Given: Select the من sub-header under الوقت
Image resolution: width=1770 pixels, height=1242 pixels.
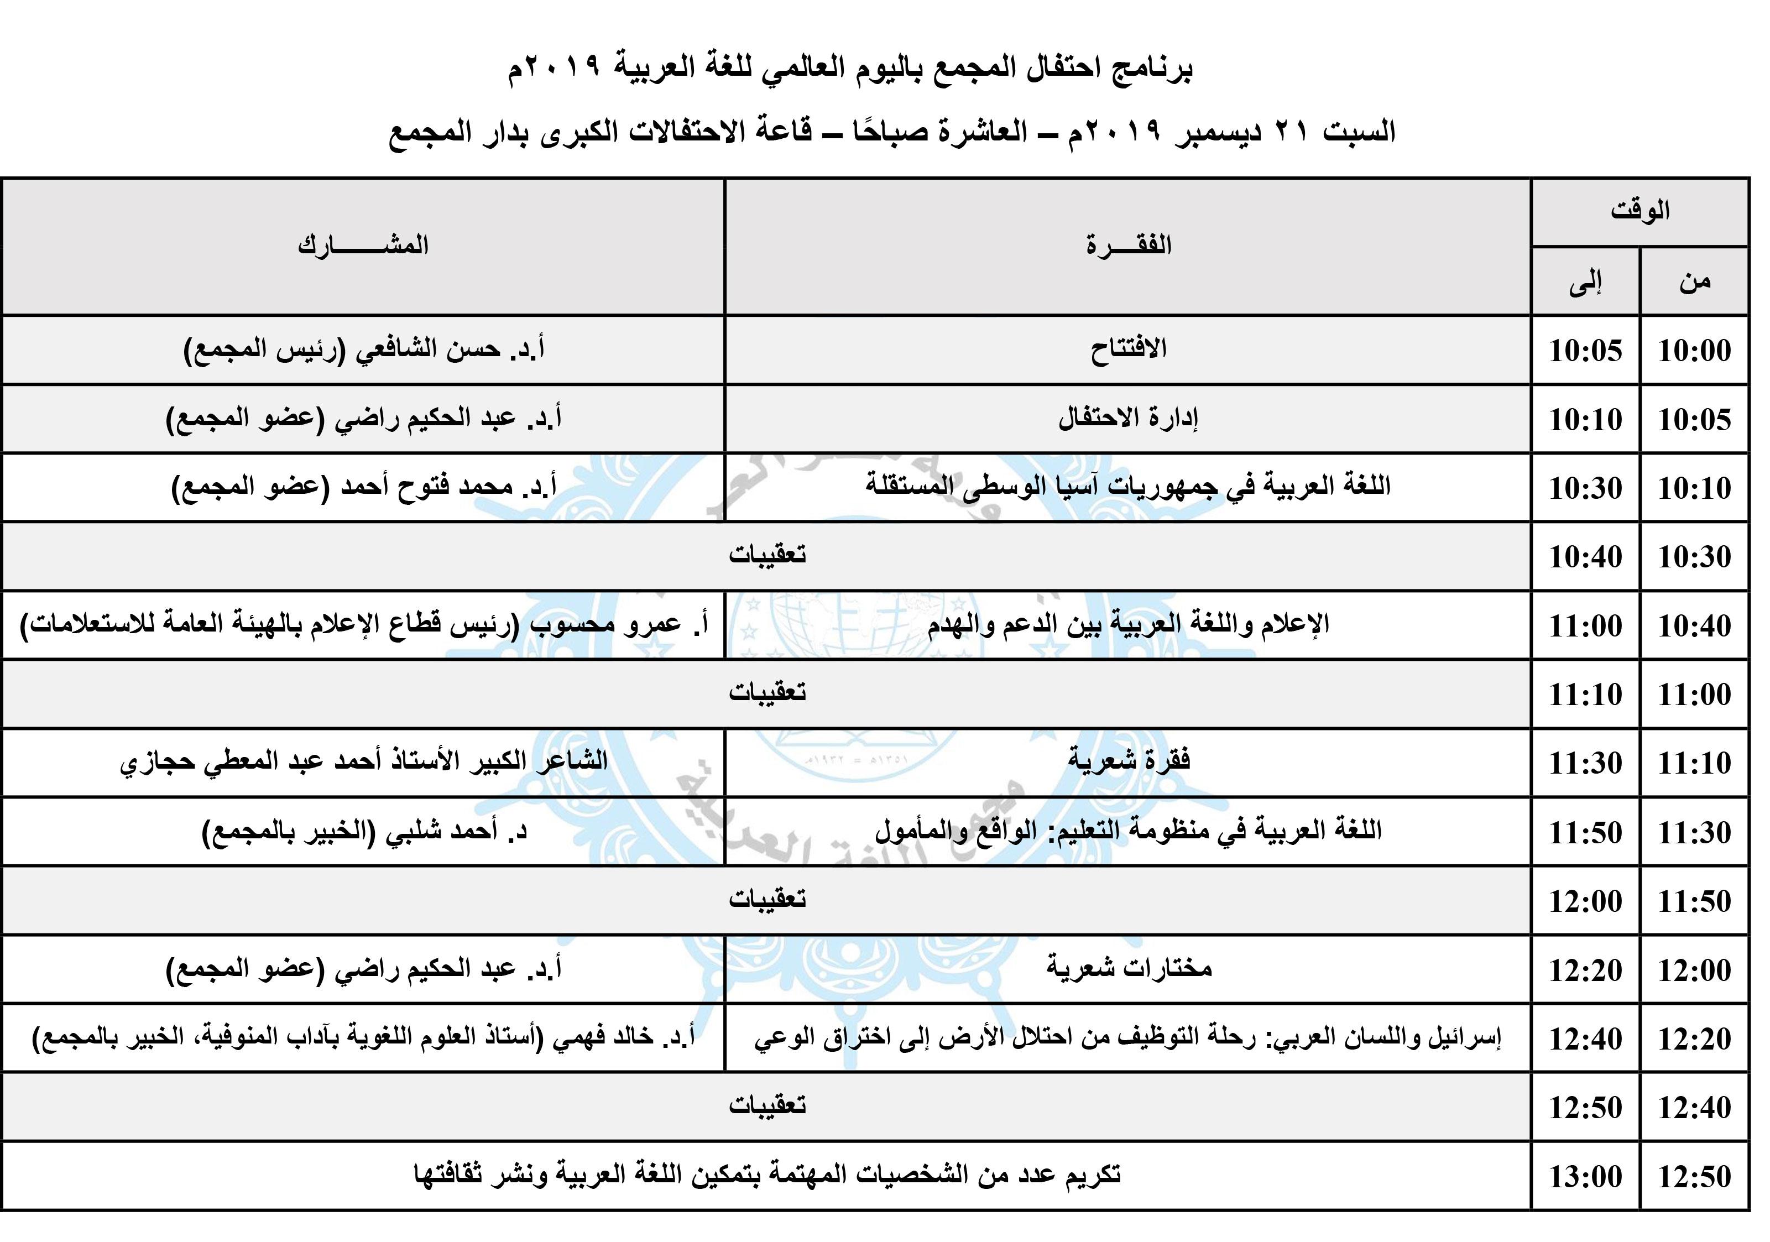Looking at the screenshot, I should point(1694,281).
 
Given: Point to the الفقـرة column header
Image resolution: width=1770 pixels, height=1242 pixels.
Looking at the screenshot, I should point(1129,246).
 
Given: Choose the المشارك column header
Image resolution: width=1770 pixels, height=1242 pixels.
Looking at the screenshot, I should point(363,246).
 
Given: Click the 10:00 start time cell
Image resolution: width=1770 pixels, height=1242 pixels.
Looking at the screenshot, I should point(1694,351).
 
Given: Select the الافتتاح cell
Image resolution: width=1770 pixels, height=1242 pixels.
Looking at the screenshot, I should point(1129,349).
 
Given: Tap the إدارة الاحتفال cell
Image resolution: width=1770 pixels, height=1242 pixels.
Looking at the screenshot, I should point(1129,419).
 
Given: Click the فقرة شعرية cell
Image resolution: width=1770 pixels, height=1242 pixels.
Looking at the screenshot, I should point(1129,761).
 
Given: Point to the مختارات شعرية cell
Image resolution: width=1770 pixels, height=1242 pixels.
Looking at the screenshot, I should point(1129,968).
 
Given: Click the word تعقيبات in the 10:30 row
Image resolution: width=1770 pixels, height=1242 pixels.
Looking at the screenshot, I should point(767,555).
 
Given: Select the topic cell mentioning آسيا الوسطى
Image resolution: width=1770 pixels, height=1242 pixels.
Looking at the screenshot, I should point(1129,487).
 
